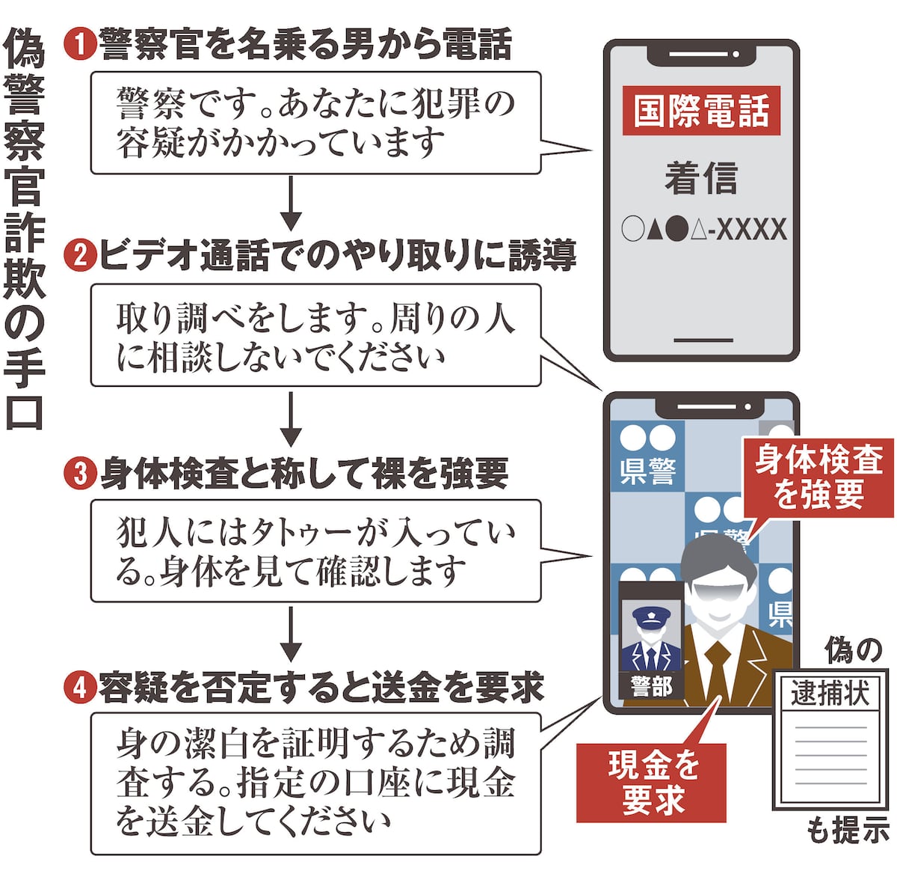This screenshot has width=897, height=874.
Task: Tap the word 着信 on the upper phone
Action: click(x=700, y=178)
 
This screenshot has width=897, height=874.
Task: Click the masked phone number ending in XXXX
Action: click(x=703, y=229)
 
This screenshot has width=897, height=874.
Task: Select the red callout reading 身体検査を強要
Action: click(x=819, y=476)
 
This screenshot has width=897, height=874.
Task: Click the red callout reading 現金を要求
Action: click(x=652, y=783)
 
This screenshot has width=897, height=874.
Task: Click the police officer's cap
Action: click(x=651, y=617)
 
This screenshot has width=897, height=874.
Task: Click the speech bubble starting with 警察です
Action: click(x=315, y=123)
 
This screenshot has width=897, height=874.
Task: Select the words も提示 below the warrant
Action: click(x=849, y=830)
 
